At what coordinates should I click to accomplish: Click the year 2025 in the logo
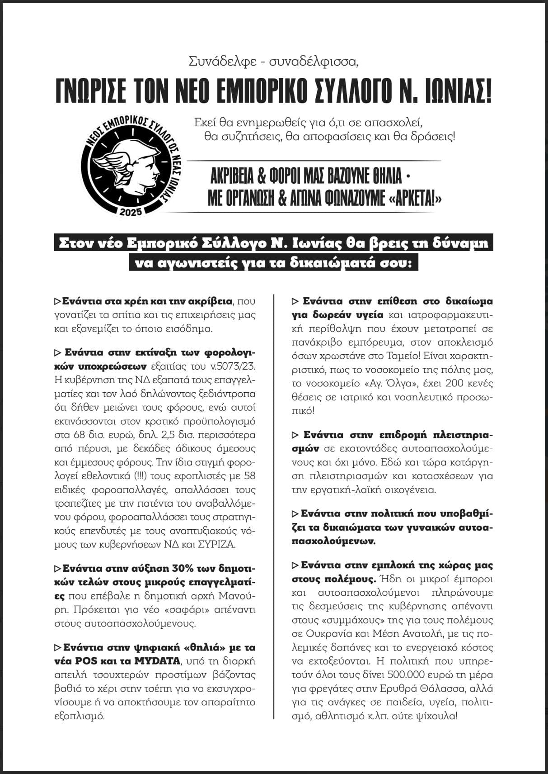[x=131, y=212]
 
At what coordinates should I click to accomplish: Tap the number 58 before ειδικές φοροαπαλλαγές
[x=249, y=476]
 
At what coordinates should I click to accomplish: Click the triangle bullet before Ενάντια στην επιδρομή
[x=295, y=435]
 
